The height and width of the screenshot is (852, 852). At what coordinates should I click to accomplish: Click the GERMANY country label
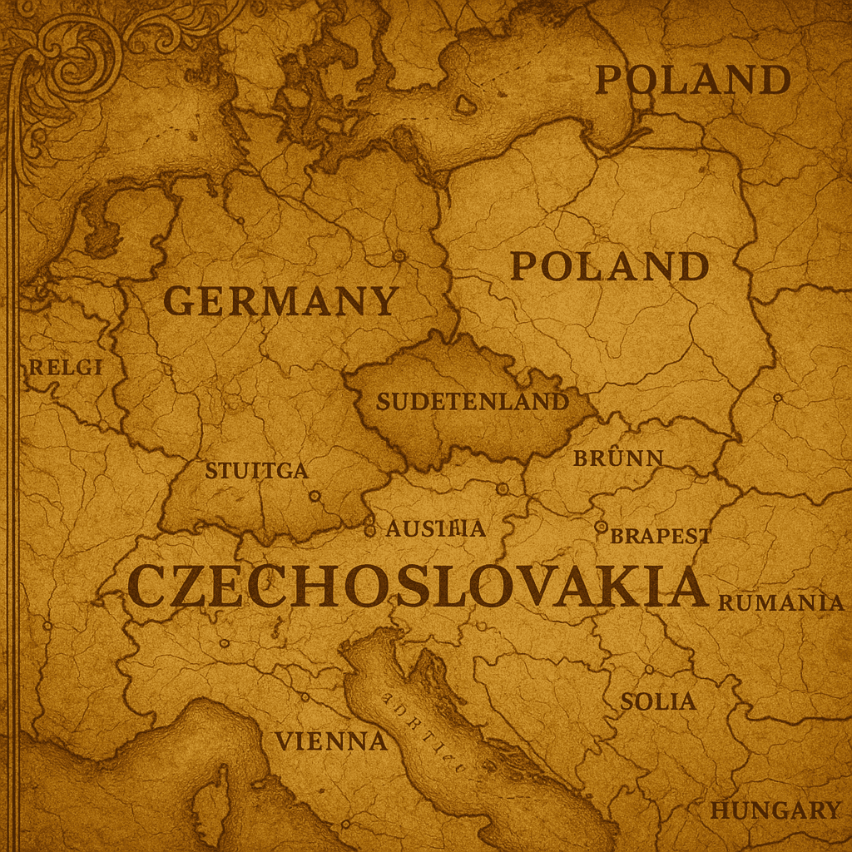pyautogui.click(x=280, y=300)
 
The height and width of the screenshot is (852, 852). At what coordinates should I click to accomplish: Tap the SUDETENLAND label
pyautogui.click(x=472, y=402)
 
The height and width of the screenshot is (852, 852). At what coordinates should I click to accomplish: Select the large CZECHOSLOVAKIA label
pyautogui.click(x=418, y=587)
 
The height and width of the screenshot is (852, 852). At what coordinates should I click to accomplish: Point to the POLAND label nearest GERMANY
pyautogui.click(x=609, y=266)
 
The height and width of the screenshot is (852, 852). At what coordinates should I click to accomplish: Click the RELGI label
pyautogui.click(x=66, y=367)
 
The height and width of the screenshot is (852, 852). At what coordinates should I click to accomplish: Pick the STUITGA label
pyautogui.click(x=256, y=470)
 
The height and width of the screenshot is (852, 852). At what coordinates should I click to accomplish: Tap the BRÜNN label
pyautogui.click(x=618, y=458)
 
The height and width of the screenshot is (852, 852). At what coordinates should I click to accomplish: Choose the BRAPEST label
pyautogui.click(x=661, y=536)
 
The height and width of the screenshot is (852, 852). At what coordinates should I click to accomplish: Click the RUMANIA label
pyautogui.click(x=781, y=603)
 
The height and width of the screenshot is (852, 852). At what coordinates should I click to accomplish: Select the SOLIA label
pyautogui.click(x=658, y=701)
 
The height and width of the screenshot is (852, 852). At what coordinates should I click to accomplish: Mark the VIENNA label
pyautogui.click(x=331, y=741)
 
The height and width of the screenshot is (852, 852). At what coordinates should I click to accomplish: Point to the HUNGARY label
pyautogui.click(x=775, y=810)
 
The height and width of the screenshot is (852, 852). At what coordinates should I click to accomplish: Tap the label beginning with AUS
pyautogui.click(x=435, y=528)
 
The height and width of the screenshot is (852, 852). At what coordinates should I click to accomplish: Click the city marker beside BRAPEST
pyautogui.click(x=601, y=527)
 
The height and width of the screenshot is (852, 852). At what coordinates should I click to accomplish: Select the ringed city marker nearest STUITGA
pyautogui.click(x=315, y=496)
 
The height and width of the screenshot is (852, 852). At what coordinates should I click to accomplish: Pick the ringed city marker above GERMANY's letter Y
pyautogui.click(x=399, y=255)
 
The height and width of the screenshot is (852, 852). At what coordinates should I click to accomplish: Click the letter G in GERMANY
pyautogui.click(x=180, y=300)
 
